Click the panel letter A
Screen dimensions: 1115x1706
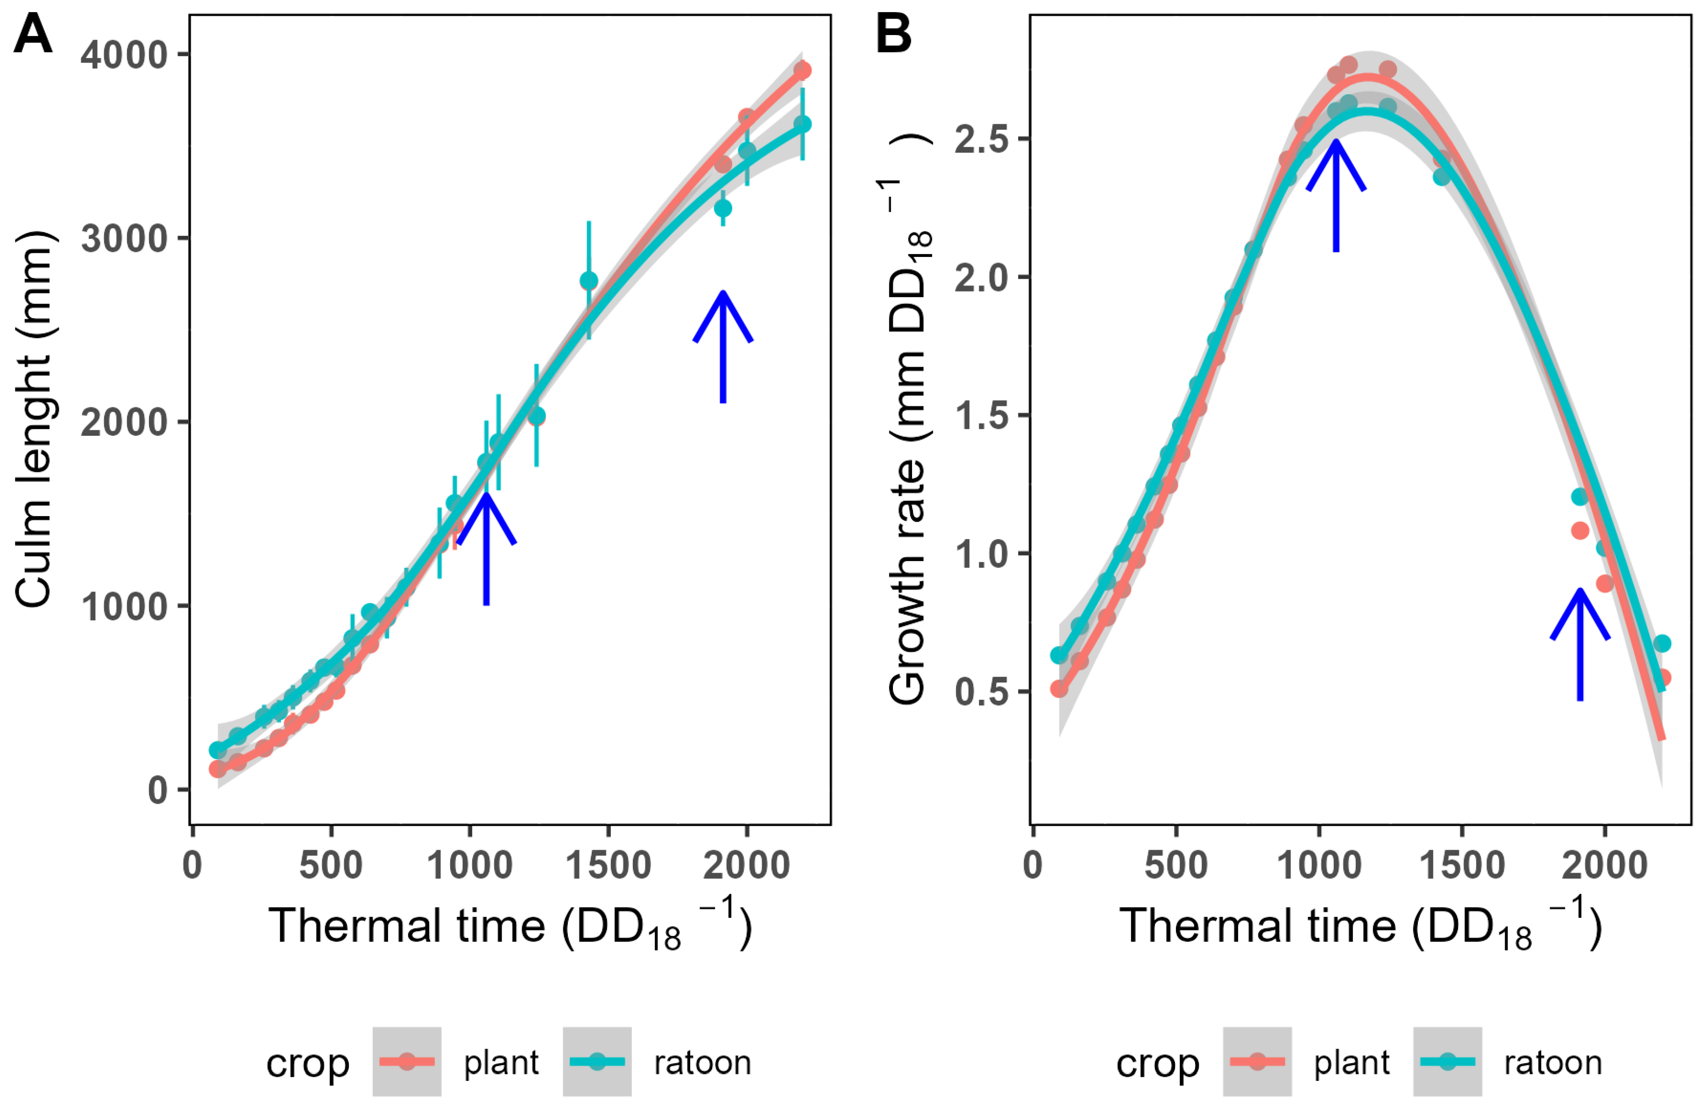click(33, 35)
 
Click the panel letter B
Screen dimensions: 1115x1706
click(893, 35)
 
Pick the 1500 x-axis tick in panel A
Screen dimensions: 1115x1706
click(609, 866)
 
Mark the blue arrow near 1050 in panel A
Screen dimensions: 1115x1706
click(486, 548)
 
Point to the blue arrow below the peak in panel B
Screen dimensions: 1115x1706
click(1335, 195)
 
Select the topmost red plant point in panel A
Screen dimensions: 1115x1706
click(802, 70)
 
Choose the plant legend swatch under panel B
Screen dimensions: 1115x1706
click(1257, 1062)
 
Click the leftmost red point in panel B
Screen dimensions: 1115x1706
click(1059, 689)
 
